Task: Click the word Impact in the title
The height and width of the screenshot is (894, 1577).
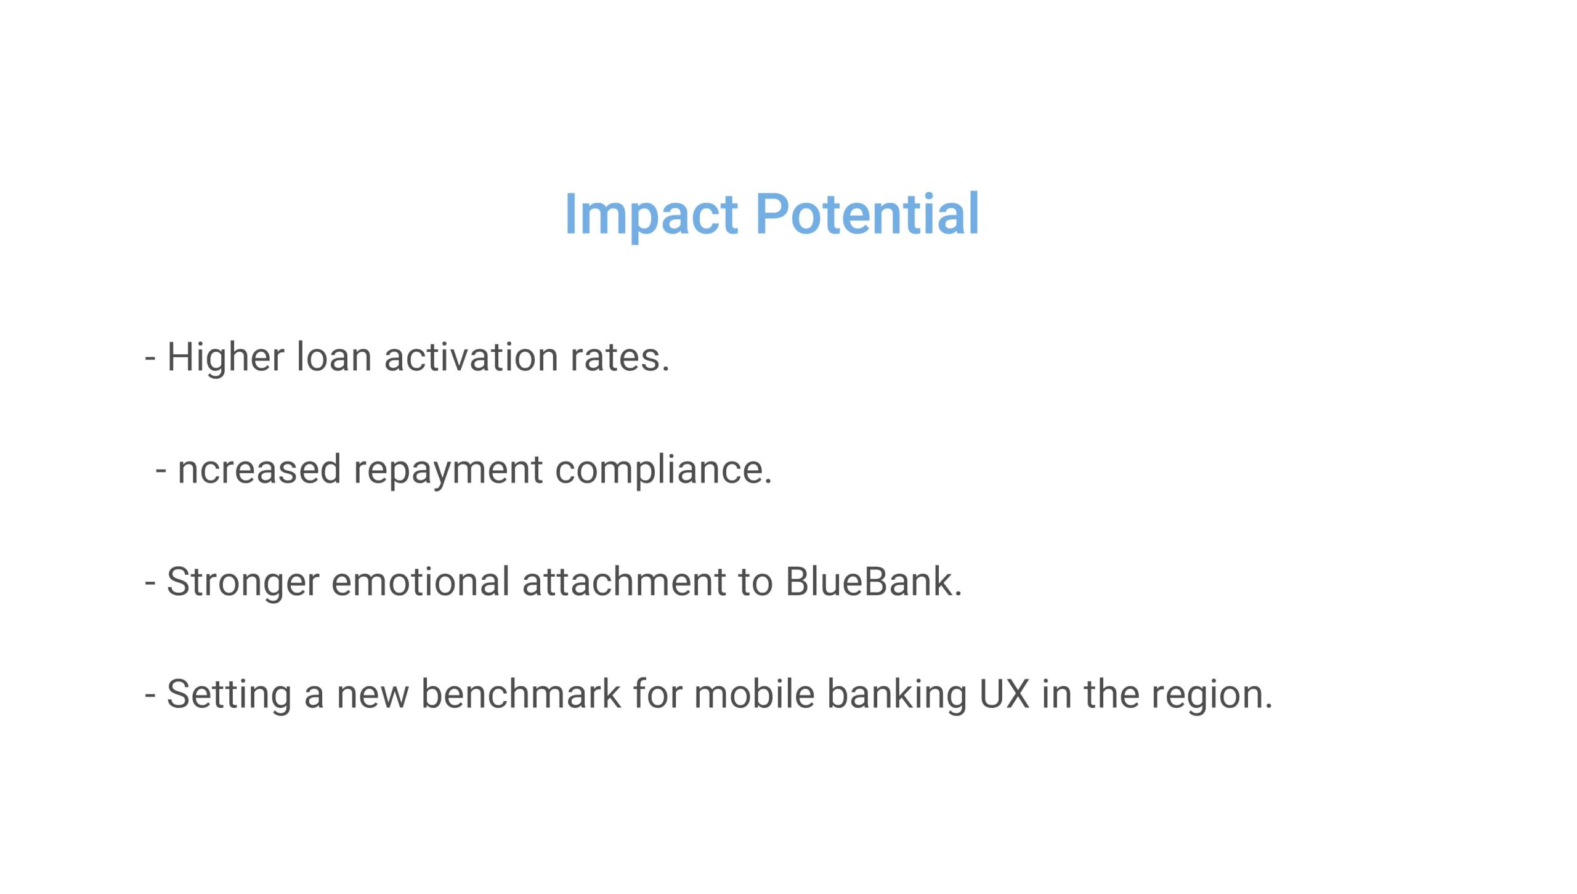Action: coord(651,215)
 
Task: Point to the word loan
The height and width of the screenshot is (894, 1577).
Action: coord(334,357)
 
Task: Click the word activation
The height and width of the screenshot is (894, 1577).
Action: coord(471,357)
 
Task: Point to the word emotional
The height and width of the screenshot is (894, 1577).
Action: coord(420,582)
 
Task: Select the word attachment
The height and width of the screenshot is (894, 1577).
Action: coord(623,582)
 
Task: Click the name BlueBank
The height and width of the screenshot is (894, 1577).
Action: coord(874,582)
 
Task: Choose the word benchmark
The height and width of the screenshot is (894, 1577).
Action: coord(521,694)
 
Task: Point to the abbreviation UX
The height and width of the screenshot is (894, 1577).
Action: coord(1004,694)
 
